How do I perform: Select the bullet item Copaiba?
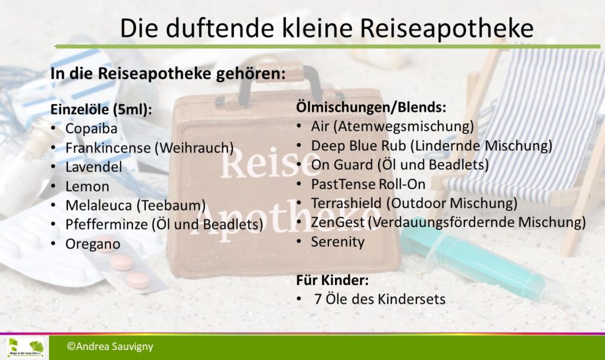pos(92,128)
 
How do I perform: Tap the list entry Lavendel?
pos(94,167)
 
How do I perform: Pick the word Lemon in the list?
pos(87,186)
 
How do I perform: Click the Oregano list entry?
pos(93,244)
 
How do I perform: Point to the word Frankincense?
pos(108,148)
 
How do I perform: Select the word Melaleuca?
pos(99,205)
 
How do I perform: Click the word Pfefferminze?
pos(107,225)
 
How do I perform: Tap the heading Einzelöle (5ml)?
pos(101,109)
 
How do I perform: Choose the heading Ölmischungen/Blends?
pos(371,107)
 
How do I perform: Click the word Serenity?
pos(338,242)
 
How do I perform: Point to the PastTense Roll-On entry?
pos(369,184)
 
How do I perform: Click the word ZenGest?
pos(337,223)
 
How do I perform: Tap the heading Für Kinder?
pos(333,280)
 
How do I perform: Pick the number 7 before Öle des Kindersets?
pos(318,300)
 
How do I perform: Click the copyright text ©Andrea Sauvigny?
pos(110,346)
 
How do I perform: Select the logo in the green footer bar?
pos(25,347)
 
